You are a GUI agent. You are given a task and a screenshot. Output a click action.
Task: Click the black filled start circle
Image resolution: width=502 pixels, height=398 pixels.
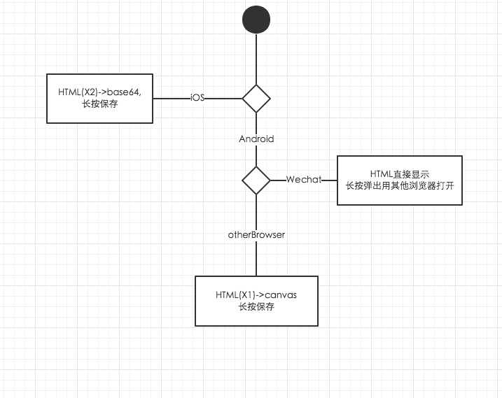(256, 20)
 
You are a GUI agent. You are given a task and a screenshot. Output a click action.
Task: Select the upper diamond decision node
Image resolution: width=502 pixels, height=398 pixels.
(256, 98)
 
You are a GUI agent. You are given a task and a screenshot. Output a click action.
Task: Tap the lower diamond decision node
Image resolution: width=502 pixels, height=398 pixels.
(256, 180)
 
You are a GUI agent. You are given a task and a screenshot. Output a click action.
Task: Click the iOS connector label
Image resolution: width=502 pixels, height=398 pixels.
(198, 98)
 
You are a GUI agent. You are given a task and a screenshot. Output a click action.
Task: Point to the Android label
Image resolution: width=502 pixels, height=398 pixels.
(256, 138)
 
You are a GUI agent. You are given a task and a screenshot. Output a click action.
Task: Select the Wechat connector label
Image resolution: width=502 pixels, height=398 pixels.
(304, 180)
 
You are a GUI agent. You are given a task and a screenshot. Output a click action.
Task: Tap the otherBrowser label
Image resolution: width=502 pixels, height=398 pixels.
(256, 235)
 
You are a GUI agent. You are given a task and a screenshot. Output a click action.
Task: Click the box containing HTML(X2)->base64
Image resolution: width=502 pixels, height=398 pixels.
(99, 98)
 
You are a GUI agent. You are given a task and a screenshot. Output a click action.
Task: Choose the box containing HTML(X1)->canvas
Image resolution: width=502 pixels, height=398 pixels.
(256, 301)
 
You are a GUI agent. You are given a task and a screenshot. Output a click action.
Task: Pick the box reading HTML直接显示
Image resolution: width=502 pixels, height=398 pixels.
(399, 180)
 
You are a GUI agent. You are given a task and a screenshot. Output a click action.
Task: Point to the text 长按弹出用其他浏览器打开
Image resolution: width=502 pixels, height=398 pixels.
(399, 186)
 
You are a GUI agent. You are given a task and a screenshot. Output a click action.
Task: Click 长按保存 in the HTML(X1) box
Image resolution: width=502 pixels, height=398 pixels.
(256, 307)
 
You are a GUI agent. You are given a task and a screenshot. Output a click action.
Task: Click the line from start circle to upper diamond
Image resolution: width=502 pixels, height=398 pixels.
(256, 59)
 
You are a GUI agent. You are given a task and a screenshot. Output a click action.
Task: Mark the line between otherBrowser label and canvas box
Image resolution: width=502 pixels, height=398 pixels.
(256, 259)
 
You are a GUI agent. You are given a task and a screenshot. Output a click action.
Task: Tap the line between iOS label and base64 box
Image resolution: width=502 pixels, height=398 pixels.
(171, 98)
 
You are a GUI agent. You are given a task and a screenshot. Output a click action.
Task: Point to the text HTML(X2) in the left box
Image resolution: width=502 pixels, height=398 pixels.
(75, 92)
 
